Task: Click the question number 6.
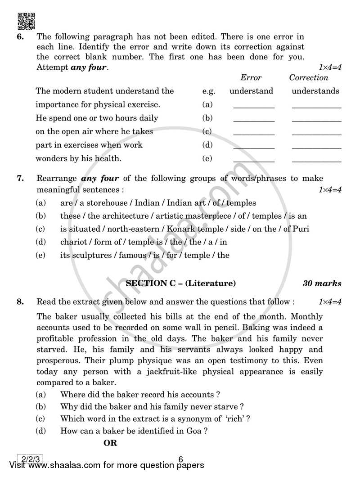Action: [20, 36]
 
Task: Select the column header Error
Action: [251, 77]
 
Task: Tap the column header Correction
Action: [309, 77]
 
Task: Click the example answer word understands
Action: [315, 91]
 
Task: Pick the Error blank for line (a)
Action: [254, 106]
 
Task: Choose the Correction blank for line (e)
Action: [316, 160]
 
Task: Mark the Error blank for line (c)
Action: [254, 133]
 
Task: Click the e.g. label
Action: [209, 91]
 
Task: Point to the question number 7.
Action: [20, 179]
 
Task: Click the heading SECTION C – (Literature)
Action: [180, 283]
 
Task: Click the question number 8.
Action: [20, 302]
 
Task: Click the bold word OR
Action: [110, 443]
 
